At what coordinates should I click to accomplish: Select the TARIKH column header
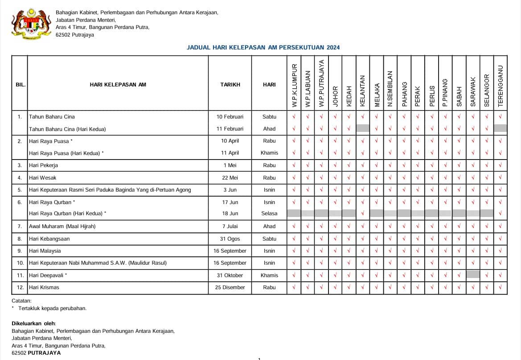coord(230,84)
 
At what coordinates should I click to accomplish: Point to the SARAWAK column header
coord(473,91)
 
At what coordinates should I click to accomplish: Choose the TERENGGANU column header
coord(500,86)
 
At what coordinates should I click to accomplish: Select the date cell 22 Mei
coord(230,178)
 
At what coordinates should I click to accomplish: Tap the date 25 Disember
coord(230,287)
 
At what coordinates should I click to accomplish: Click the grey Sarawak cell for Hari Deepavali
coord(473,275)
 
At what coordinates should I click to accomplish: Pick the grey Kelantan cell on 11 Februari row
coord(363,128)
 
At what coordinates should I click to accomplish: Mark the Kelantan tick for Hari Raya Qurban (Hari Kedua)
coord(363,213)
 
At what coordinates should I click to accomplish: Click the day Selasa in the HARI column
coord(269,213)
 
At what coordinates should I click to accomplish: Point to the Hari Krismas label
coord(44,287)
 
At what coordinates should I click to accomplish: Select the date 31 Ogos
coord(230,239)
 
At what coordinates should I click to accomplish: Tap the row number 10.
coord(20,263)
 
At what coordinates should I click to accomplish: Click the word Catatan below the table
coord(21,301)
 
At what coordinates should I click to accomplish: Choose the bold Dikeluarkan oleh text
coord(34,323)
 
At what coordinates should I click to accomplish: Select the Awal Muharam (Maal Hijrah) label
coord(62,226)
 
